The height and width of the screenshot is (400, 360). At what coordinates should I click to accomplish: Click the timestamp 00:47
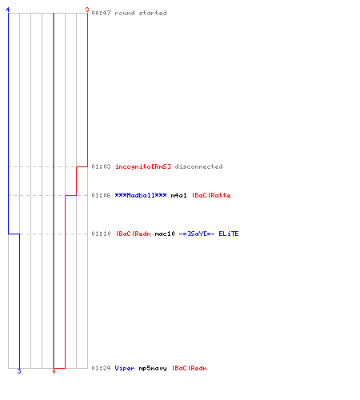[101, 13]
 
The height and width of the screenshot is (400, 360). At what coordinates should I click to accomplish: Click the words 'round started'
[141, 13]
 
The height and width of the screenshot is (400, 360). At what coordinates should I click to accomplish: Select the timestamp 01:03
[101, 166]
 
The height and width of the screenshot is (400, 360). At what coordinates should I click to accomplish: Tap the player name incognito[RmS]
[143, 166]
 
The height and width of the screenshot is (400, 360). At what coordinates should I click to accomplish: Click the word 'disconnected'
[198, 166]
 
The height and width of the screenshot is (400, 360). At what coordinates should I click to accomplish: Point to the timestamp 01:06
[101, 195]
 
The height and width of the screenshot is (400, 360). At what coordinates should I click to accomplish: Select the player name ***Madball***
[141, 195]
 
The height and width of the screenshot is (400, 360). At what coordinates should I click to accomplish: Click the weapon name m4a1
[178, 195]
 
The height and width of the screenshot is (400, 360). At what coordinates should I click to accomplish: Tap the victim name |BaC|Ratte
[211, 195]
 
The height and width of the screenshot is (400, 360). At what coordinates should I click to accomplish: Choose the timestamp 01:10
[101, 234]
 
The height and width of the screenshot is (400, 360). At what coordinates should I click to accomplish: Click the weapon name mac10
[165, 234]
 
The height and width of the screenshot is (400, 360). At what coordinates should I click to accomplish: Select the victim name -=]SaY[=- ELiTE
[209, 234]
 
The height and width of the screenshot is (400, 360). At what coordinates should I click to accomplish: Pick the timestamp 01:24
[101, 368]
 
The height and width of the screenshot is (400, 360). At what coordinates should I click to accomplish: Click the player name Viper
[125, 368]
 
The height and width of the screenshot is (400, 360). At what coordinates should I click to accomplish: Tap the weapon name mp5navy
[153, 369]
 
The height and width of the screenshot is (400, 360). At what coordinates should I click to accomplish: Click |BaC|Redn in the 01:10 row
[133, 234]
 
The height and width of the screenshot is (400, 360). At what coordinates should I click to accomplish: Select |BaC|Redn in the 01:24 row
[189, 368]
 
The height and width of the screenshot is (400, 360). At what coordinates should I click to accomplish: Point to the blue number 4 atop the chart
[8, 10]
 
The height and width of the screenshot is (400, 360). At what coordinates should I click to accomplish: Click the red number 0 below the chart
[54, 371]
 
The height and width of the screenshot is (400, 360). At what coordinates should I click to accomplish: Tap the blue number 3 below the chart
[19, 371]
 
